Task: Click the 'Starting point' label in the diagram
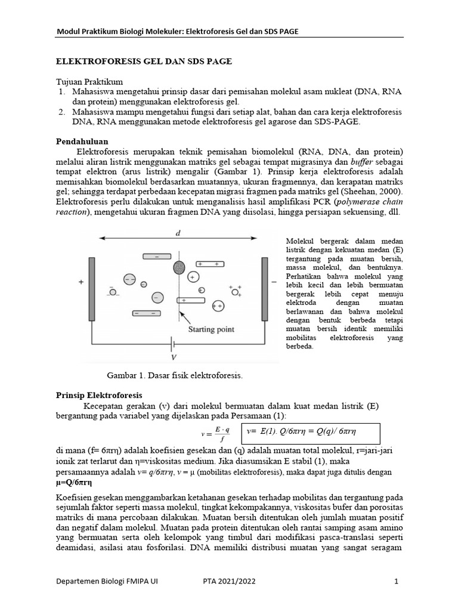(x=211, y=329)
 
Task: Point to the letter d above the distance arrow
(x=178, y=233)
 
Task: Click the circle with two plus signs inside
(x=218, y=306)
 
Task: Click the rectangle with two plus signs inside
(x=208, y=263)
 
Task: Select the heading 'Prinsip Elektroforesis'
(x=99, y=394)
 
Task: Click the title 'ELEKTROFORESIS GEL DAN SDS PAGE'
(x=144, y=61)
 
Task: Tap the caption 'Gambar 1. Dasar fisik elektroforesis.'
(x=175, y=375)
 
